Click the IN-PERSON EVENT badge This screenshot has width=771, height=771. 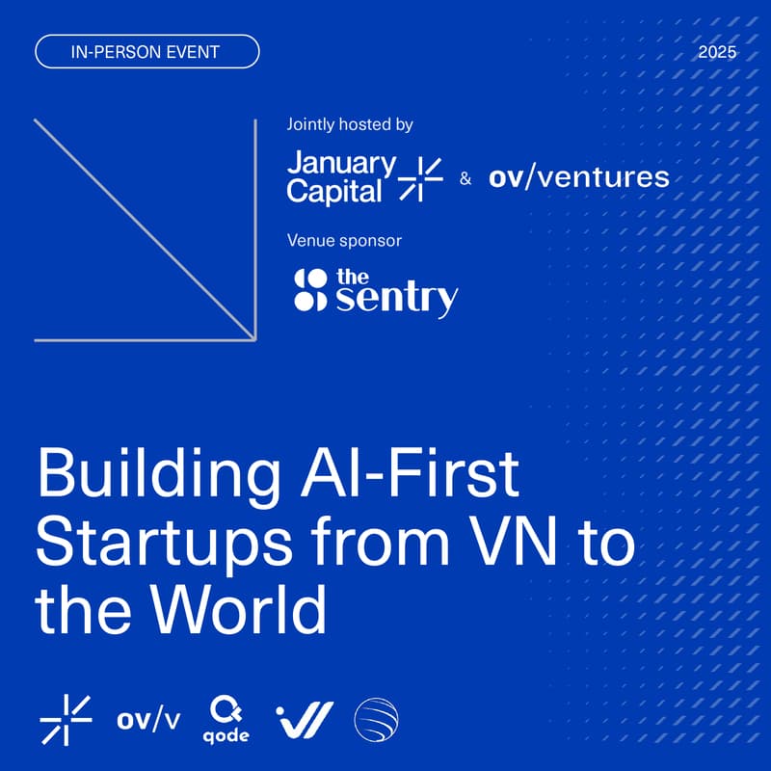(x=147, y=52)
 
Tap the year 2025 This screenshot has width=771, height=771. (x=716, y=52)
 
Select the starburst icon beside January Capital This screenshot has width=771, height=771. (x=420, y=177)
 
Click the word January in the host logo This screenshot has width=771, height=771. (x=341, y=164)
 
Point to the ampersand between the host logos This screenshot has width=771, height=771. (x=466, y=178)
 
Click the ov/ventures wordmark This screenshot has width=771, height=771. (x=578, y=177)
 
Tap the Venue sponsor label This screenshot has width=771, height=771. (x=344, y=240)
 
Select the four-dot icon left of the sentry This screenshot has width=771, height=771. (x=309, y=290)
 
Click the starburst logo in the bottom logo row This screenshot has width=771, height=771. (x=66, y=718)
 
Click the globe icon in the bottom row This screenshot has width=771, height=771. (x=376, y=719)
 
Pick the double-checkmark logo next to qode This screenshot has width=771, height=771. (x=305, y=719)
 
